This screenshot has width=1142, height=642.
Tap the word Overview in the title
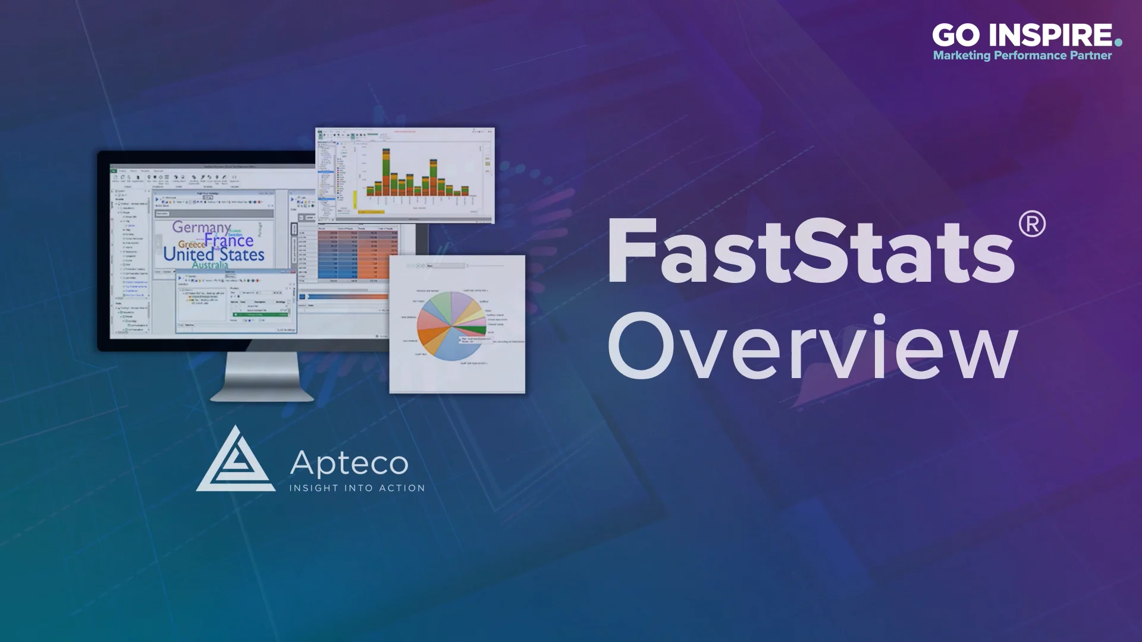pos(812,347)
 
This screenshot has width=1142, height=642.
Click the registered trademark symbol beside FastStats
pos(1031,225)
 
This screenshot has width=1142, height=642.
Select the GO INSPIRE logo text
pos(1022,36)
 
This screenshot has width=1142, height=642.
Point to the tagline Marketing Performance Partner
pos(1022,56)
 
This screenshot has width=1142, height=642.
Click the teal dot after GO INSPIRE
pos(1118,42)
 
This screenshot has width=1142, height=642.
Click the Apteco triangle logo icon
pos(236,461)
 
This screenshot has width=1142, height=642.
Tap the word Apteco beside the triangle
pos(349,463)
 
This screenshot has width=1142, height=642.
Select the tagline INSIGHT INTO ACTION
pos(357,488)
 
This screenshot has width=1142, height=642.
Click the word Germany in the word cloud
pos(201,227)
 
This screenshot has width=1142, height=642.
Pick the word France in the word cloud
pos(229,240)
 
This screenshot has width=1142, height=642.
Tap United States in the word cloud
pos(214,254)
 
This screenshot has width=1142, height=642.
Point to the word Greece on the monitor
pos(192,244)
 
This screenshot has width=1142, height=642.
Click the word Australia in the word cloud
pos(210,265)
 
